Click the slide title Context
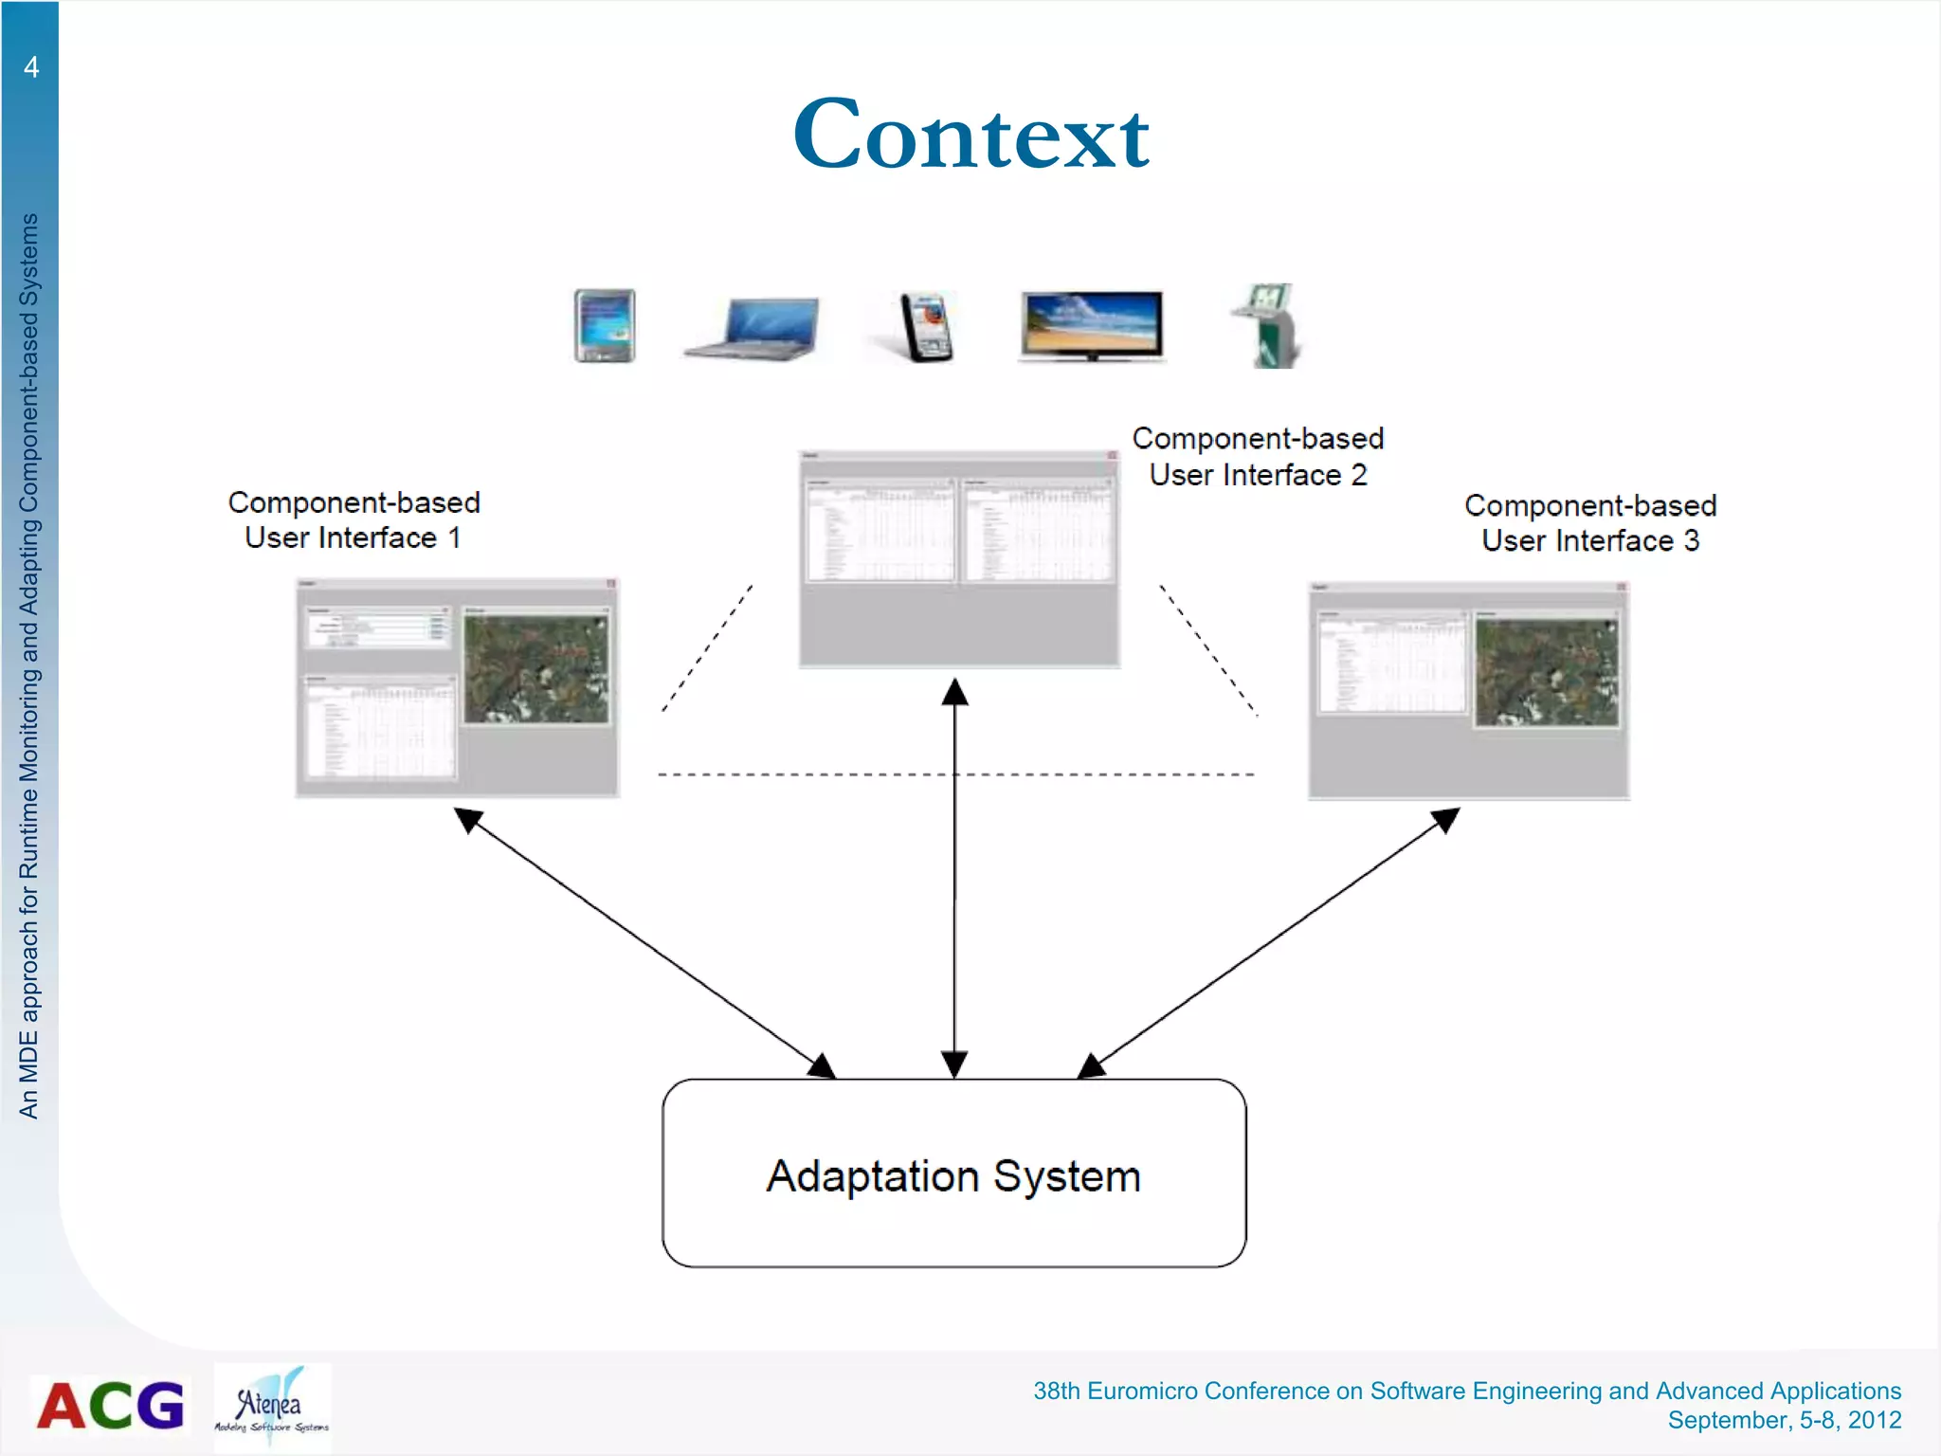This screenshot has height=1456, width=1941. pos(970,135)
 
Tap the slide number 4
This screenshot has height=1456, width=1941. pos(31,66)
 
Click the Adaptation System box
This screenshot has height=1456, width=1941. pos(953,1174)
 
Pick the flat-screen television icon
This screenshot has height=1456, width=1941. pos(1092,325)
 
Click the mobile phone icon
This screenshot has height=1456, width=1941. pos(926,327)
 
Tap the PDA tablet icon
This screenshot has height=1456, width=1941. pos(605,325)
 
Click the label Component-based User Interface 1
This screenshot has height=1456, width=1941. pos(354,519)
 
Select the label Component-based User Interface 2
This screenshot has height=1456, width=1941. pos(1258,456)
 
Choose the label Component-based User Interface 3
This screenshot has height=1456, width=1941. pos(1590,522)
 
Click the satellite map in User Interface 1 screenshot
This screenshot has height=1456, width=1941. pos(536,667)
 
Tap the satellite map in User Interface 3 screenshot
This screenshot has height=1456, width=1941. pos(1547,671)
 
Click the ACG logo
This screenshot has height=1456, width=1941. pos(110,1405)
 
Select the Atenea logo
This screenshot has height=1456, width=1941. pos(272,1406)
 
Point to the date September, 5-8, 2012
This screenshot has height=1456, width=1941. pos(1784,1420)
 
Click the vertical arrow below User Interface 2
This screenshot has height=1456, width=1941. pos(954,877)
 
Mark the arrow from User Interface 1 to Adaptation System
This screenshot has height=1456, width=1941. pos(644,943)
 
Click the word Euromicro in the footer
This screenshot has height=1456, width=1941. pos(1142,1391)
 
